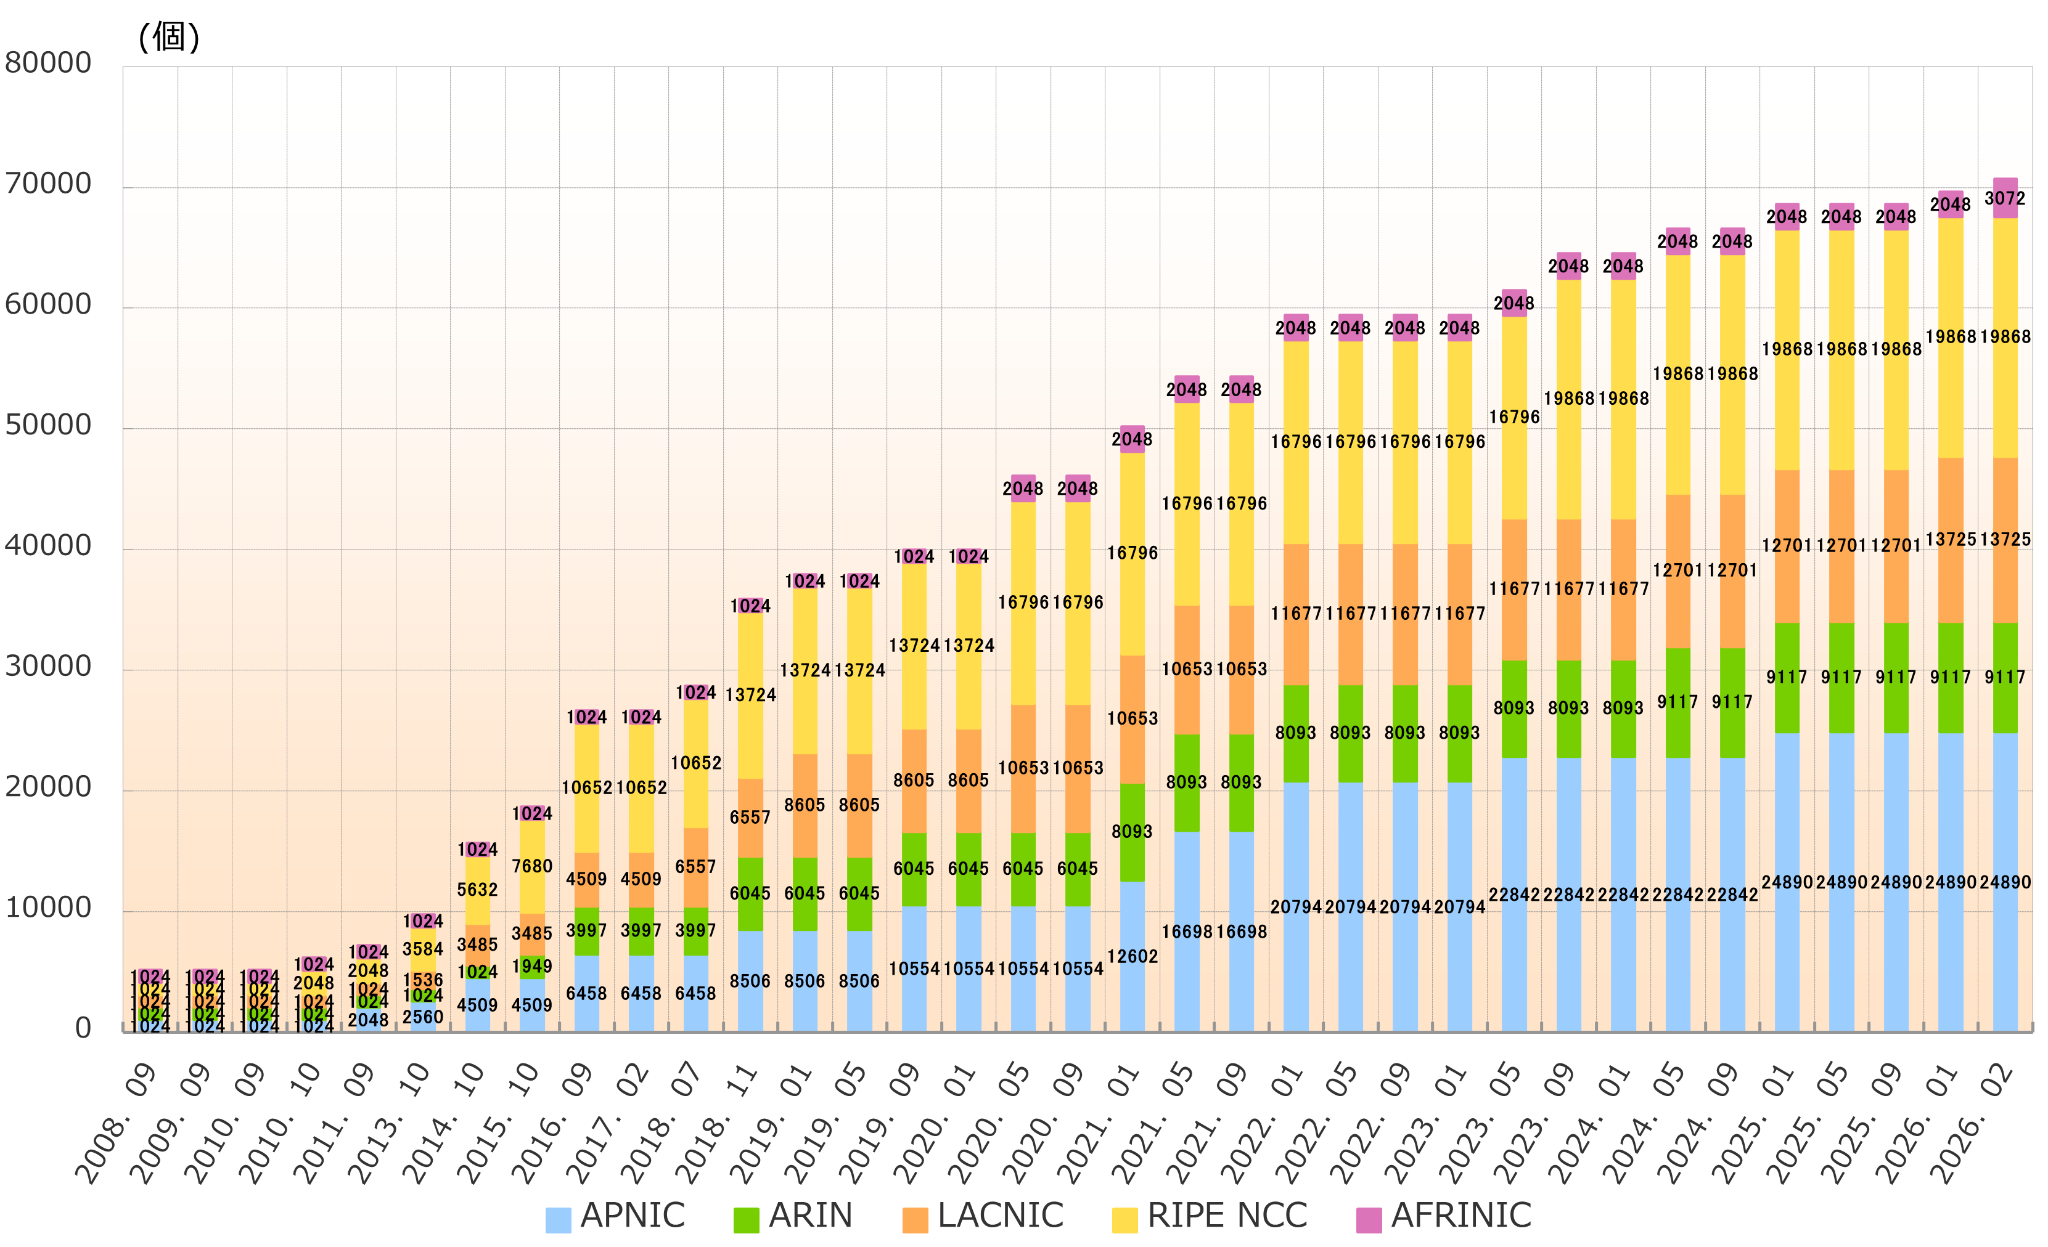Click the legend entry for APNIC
(x=616, y=1216)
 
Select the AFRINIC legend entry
(x=1444, y=1216)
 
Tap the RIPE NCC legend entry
(x=1210, y=1216)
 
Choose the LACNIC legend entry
(x=984, y=1216)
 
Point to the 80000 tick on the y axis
(x=48, y=63)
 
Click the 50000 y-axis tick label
(x=48, y=425)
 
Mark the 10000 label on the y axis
(x=48, y=908)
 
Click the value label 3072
(x=2005, y=198)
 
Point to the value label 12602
(x=1132, y=956)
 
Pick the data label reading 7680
(x=532, y=866)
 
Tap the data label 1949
(x=532, y=966)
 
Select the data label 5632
(x=477, y=890)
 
